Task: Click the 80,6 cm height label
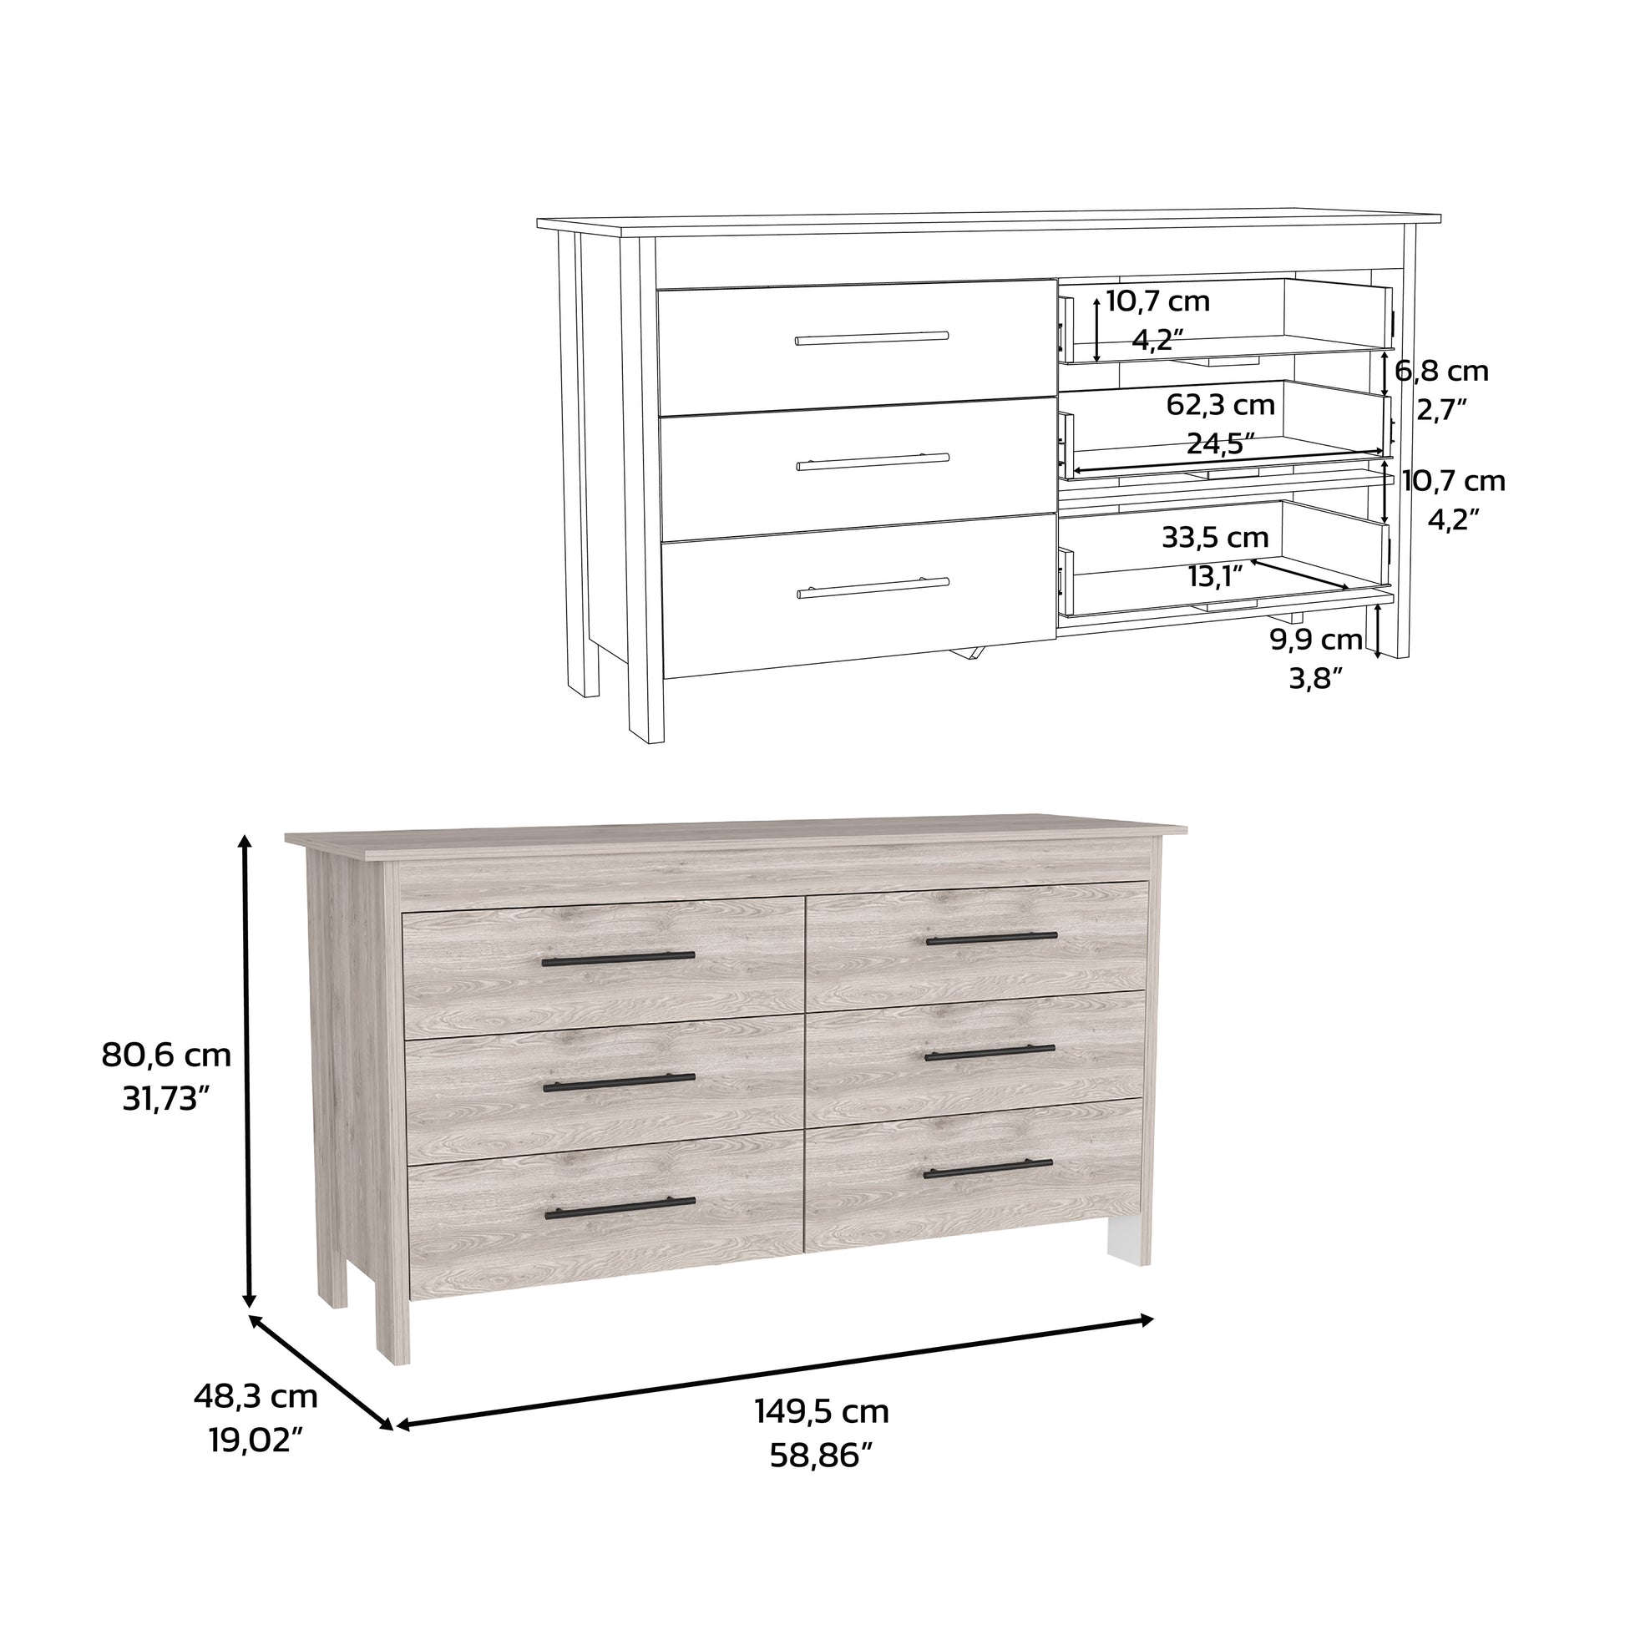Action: pos(165,1055)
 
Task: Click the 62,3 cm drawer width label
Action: pos(1221,405)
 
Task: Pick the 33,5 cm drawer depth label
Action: pos(1214,537)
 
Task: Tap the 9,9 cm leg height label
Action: pos(1315,640)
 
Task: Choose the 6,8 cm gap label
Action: pos(1441,370)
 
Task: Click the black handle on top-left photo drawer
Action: pos(618,959)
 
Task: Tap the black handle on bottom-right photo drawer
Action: pos(988,1168)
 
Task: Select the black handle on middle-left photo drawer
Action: pos(619,1084)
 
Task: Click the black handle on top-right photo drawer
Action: pos(991,938)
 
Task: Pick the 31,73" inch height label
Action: pos(165,1098)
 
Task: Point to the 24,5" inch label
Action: pos(1221,443)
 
